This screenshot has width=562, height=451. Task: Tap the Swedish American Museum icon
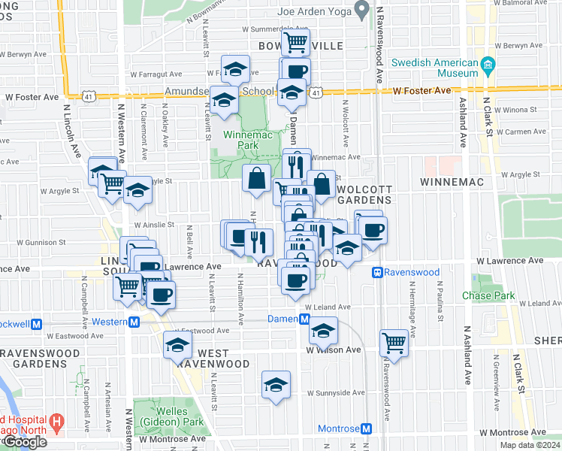tap(488, 65)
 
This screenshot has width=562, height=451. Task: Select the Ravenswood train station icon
tap(377, 272)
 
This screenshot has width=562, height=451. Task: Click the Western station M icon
tap(134, 322)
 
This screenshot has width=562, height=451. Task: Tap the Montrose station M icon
tap(366, 428)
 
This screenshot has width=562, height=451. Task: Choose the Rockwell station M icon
tap(35, 324)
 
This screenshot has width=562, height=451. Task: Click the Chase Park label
tap(488, 295)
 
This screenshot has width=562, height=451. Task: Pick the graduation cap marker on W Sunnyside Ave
tap(276, 384)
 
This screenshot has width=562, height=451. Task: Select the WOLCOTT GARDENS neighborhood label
tap(364, 194)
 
